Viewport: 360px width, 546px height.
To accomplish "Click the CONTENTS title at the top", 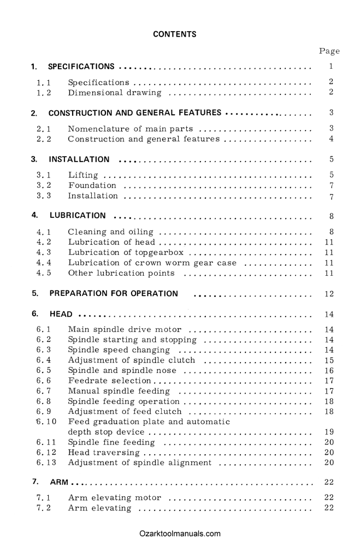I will coord(175,34).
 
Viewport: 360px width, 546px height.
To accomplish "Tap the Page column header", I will coord(329,51).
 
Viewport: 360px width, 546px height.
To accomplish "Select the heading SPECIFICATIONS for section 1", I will coord(81,67).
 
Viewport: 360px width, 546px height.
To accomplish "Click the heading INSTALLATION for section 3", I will coord(79,160).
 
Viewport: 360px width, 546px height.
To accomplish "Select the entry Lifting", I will coord(83,175).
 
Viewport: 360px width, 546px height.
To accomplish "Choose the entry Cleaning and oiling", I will coord(110,232).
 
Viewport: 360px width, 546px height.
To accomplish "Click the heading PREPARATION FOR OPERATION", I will coord(114,293).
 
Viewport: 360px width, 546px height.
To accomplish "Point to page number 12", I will coord(328,294).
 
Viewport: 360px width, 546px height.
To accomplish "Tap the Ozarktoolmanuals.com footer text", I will coord(180,533).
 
